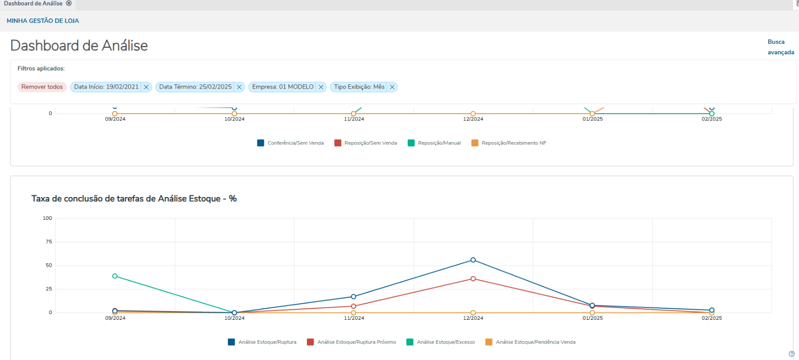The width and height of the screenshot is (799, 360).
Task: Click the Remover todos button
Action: tap(42, 87)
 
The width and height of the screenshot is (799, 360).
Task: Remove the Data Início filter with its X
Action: tap(146, 87)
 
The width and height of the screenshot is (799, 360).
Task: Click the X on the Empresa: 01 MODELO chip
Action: tap(321, 87)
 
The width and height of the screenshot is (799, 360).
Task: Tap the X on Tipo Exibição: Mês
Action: tap(392, 87)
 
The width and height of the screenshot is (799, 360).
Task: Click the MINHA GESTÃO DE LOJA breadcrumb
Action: tap(43, 21)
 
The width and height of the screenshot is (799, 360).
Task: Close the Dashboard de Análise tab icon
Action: tap(69, 3)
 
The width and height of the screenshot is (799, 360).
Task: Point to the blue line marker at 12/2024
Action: tap(473, 260)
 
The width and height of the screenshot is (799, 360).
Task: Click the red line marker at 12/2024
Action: tap(473, 279)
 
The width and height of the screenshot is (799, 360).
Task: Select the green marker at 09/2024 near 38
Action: tap(115, 276)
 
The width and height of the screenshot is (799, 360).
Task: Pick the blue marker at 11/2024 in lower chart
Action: tap(353, 297)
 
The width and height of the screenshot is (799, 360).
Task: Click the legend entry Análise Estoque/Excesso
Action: tap(445, 342)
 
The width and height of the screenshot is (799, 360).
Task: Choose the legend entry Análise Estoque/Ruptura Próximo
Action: tap(356, 342)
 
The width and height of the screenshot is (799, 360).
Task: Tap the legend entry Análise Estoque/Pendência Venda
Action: tap(535, 342)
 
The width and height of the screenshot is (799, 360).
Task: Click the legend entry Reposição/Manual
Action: tap(439, 143)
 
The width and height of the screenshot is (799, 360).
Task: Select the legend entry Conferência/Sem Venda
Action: tap(295, 143)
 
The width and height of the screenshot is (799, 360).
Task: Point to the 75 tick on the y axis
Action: tap(49, 242)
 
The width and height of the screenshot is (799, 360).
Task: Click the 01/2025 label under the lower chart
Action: tap(593, 318)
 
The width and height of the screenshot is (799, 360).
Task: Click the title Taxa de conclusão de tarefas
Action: tap(134, 199)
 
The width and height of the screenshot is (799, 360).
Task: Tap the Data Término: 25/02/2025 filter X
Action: tap(239, 87)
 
